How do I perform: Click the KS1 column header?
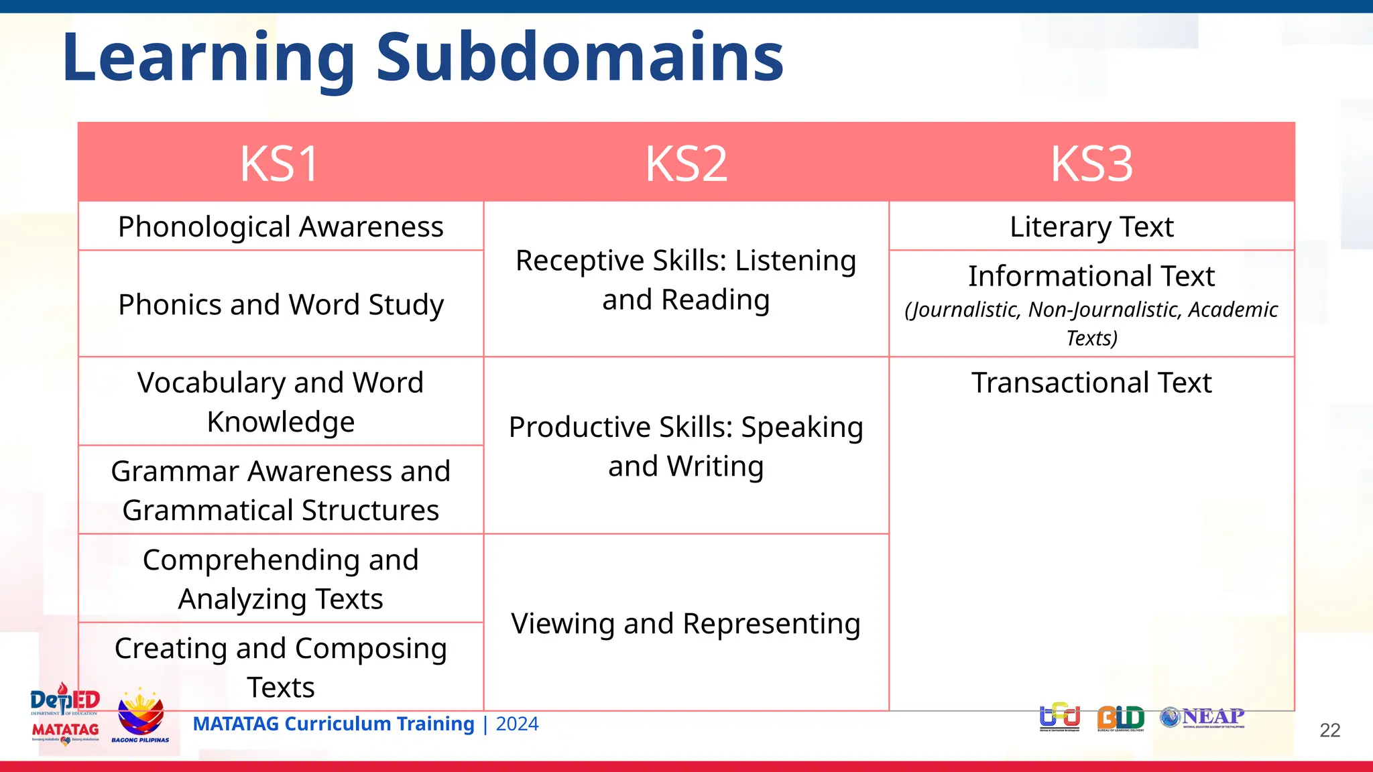pyautogui.click(x=280, y=164)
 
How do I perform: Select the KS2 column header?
pyautogui.click(x=686, y=164)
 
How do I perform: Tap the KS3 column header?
pyautogui.click(x=1091, y=164)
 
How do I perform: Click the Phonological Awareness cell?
pyautogui.click(x=280, y=227)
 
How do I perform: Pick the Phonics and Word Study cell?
pyautogui.click(x=280, y=304)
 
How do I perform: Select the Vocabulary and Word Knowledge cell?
pyautogui.click(x=280, y=401)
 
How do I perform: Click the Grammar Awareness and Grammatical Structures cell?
pyautogui.click(x=280, y=490)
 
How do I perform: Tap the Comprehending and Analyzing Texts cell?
pyautogui.click(x=280, y=578)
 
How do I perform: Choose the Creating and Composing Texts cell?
pyautogui.click(x=280, y=667)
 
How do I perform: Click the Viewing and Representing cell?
pyautogui.click(x=686, y=623)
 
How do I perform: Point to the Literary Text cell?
pyautogui.click(x=1091, y=227)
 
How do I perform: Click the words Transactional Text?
pyautogui.click(x=1091, y=383)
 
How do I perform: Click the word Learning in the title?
pyautogui.click(x=208, y=59)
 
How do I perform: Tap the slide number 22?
pyautogui.click(x=1329, y=730)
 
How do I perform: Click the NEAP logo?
pyautogui.click(x=1203, y=718)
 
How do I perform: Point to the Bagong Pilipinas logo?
pyautogui.click(x=140, y=716)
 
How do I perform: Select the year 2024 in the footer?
pyautogui.click(x=517, y=724)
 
